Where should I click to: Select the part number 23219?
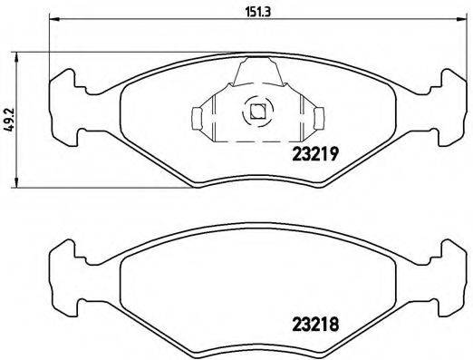314,154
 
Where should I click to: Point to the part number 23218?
314,320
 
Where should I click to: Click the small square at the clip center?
256,113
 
